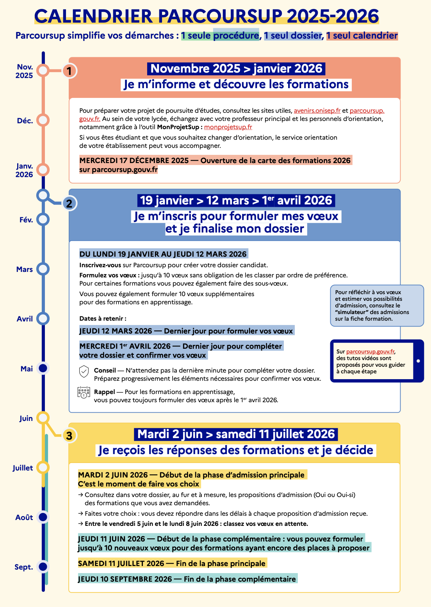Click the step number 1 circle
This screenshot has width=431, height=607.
point(69,71)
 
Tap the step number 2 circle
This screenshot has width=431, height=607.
point(69,203)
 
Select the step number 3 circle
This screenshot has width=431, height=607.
point(69,435)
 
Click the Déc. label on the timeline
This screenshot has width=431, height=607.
point(25,121)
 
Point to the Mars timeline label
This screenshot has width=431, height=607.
point(25,270)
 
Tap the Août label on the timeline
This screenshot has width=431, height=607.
point(24,518)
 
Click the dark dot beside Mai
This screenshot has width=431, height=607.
point(43,368)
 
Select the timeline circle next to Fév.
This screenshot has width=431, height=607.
point(43,220)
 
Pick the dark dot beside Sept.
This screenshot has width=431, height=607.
point(43,566)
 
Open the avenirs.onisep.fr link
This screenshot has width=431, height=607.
point(317,111)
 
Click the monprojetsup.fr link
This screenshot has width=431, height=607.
point(228,127)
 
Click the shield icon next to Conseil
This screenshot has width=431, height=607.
point(84,372)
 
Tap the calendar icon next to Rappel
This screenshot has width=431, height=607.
point(84,392)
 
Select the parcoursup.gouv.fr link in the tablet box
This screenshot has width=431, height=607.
point(370,351)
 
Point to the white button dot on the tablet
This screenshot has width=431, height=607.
point(418,361)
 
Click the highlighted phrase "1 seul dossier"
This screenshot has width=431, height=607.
point(293,36)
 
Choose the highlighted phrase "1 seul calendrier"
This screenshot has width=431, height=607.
point(362,36)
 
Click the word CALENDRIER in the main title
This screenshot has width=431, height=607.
point(93,16)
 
